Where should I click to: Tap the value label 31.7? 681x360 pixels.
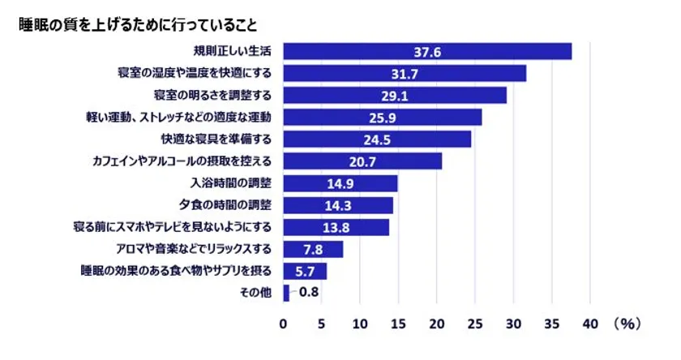[404, 74]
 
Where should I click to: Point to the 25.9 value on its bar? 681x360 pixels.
[382, 118]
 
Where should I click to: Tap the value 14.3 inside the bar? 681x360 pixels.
[338, 204]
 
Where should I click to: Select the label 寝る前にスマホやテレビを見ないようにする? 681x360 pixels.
[177, 226]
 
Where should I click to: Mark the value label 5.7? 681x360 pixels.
[306, 270]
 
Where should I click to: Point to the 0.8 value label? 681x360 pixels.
[307, 292]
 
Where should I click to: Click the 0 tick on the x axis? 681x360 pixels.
[284, 324]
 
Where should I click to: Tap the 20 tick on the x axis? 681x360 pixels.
[437, 324]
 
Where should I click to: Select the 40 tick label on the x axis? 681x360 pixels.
[589, 324]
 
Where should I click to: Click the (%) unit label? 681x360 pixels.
[627, 324]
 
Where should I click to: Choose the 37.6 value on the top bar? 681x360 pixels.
[427, 52]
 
